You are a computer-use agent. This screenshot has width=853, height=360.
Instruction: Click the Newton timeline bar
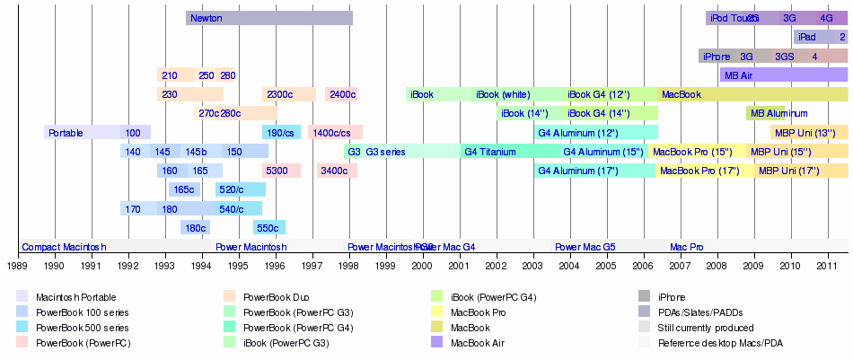(x=269, y=18)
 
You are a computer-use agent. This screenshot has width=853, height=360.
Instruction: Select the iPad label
(x=806, y=37)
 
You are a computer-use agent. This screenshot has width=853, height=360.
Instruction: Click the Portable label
(x=66, y=133)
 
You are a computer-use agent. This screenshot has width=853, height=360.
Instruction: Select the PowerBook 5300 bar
(x=281, y=171)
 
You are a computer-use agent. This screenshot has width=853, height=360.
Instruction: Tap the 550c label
(x=268, y=228)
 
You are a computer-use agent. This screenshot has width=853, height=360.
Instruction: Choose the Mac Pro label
(x=687, y=247)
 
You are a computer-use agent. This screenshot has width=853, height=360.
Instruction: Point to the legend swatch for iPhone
(x=644, y=296)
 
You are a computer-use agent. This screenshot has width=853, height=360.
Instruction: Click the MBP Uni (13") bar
(x=808, y=133)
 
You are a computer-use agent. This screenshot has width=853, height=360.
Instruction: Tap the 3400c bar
(x=336, y=171)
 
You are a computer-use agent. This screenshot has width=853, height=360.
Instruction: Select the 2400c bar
(x=341, y=94)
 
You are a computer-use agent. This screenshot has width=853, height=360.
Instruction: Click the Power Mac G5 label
(x=585, y=247)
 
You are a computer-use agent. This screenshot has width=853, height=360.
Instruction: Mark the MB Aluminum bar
(x=765, y=113)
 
